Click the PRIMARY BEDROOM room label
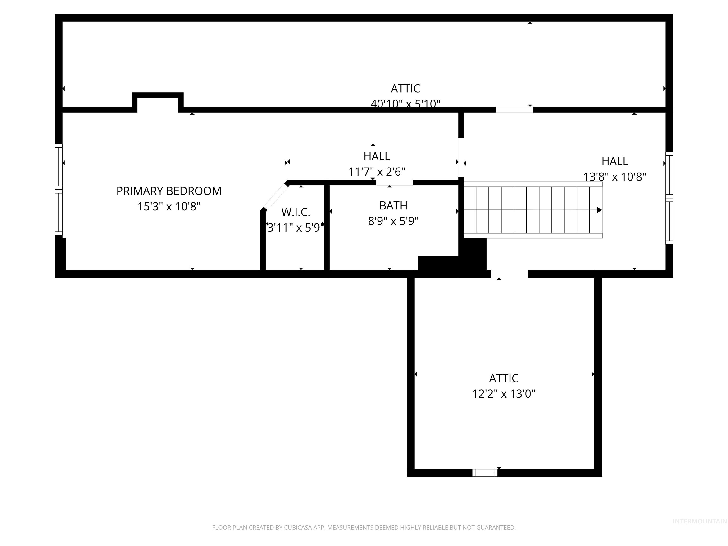tap(169, 191)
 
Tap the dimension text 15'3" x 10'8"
tap(169, 207)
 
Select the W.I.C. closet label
tap(296, 212)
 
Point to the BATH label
tap(393, 206)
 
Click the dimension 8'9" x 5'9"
tap(393, 221)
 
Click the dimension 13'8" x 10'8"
tap(615, 177)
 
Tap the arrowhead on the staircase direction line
tap(599, 210)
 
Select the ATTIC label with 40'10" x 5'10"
tap(405, 89)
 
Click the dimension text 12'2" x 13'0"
tap(504, 394)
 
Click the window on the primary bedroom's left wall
tap(59, 190)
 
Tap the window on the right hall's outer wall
tap(669, 198)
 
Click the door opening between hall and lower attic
tap(510, 273)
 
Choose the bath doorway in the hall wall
tap(395, 183)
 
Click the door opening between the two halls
tap(461, 158)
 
